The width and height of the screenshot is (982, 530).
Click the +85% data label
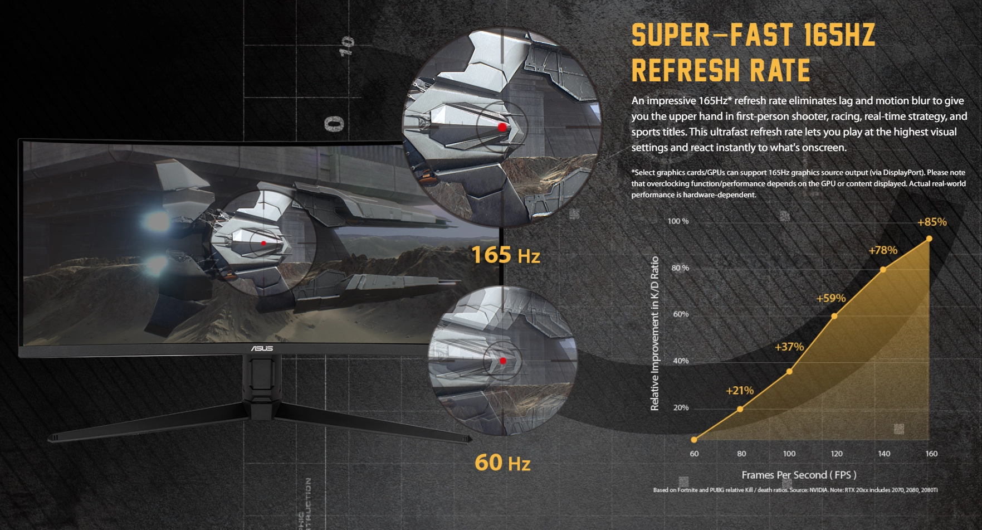931,222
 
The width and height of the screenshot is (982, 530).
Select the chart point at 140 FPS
883,270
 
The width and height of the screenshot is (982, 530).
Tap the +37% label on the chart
789,347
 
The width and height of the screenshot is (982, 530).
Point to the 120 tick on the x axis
836,454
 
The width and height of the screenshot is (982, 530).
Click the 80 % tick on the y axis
680,268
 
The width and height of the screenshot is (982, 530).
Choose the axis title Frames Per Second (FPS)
798,475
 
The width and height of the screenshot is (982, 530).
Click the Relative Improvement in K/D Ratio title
655,333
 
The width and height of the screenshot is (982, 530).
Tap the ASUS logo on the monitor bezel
261,348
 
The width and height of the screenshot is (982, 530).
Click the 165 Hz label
505,255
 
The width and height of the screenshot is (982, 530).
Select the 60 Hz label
502,463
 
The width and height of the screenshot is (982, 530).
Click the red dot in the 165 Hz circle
502,127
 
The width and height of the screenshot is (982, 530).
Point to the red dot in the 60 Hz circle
503,361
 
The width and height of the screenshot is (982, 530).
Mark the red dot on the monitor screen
263,243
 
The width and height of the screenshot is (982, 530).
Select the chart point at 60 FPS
694,440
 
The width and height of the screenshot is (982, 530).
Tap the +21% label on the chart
739,391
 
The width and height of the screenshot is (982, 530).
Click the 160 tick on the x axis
931,454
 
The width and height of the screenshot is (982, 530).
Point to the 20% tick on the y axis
681,408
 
